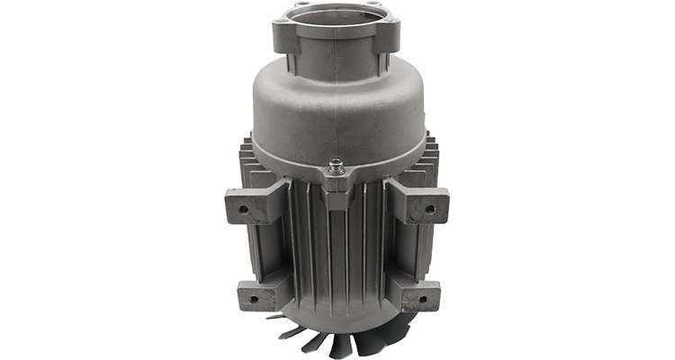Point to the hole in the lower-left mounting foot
click(x=253, y=298)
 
